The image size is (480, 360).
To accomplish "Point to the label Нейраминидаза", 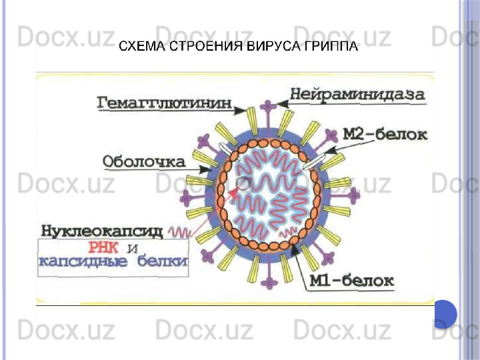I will tap(357, 95).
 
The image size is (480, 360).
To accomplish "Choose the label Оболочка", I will tap(144, 162).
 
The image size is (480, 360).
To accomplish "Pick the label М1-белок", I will tap(352, 280).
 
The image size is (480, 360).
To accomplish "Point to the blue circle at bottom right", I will tap(445, 313).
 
